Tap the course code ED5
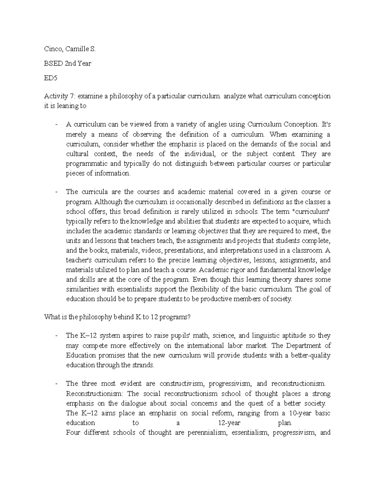coord(51,78)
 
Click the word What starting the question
coord(51,317)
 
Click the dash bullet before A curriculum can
coord(56,125)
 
